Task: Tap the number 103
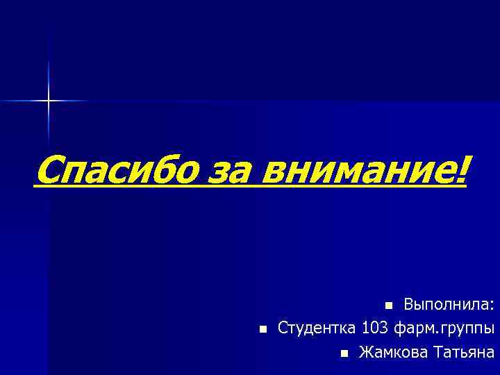pyautogui.click(x=375, y=328)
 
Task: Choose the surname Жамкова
pyautogui.click(x=392, y=352)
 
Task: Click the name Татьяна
pyautogui.click(x=463, y=352)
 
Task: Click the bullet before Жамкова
pyautogui.click(x=344, y=353)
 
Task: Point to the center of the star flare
pyautogui.click(x=49, y=101)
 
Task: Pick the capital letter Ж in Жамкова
pyautogui.click(x=365, y=352)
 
